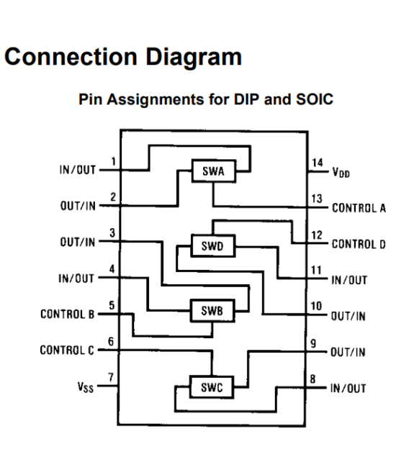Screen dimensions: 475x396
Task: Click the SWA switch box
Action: pyautogui.click(x=212, y=171)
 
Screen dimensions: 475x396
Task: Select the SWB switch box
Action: pyautogui.click(x=212, y=312)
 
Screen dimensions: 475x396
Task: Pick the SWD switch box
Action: pyautogui.click(x=212, y=245)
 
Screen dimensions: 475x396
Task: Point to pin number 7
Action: pyautogui.click(x=111, y=377)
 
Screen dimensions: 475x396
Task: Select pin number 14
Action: pyautogui.click(x=318, y=163)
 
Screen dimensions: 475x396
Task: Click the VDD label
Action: pyautogui.click(x=341, y=173)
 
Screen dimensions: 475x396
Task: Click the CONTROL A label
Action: pyautogui.click(x=358, y=209)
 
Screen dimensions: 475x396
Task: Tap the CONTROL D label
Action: pyautogui.click(x=358, y=244)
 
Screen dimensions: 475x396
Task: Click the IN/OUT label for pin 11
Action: pyautogui.click(x=349, y=280)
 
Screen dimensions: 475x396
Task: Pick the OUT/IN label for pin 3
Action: pyautogui.click(x=76, y=243)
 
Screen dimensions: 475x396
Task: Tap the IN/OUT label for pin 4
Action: pyautogui.click(x=76, y=279)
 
